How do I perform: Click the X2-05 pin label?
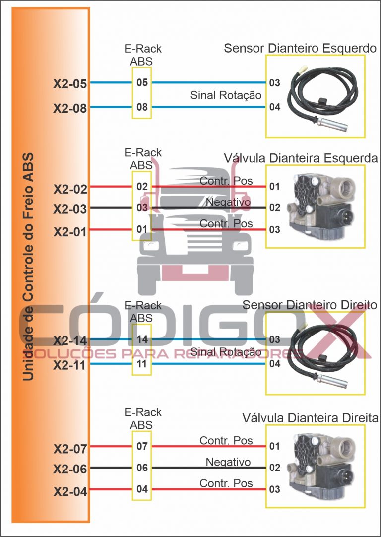click(70, 84)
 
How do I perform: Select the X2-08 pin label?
click(70, 108)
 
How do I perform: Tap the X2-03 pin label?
click(70, 209)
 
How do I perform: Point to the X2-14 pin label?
click(70, 341)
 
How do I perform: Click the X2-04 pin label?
click(70, 492)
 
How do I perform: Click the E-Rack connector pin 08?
click(142, 107)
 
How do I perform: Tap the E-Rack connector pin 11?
click(142, 364)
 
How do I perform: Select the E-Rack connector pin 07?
click(142, 446)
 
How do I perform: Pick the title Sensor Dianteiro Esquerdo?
click(300, 48)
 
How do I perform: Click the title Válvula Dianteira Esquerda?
click(301, 158)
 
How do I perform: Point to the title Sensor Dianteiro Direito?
click(310, 305)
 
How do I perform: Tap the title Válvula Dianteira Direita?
click(311, 418)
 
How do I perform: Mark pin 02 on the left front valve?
click(275, 208)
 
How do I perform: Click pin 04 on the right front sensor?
click(275, 364)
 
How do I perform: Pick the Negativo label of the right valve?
click(228, 462)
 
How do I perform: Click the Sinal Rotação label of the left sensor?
click(226, 95)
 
